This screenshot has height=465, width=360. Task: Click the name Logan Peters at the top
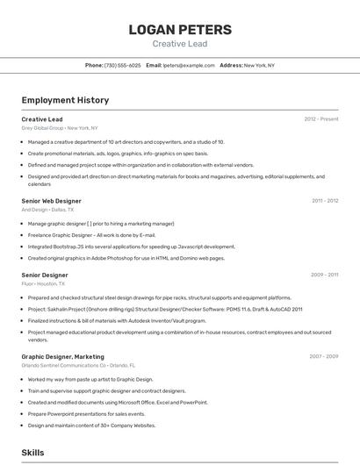pyautogui.click(x=180, y=30)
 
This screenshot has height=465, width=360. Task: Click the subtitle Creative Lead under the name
pyautogui.click(x=180, y=44)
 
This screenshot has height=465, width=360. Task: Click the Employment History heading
pyautogui.click(x=65, y=100)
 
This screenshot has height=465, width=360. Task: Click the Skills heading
pyautogui.click(x=32, y=453)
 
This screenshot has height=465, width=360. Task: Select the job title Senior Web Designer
pyautogui.click(x=51, y=201)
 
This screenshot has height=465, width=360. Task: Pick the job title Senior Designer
pyautogui.click(x=45, y=275)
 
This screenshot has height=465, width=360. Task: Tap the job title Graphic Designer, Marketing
pyautogui.click(x=62, y=357)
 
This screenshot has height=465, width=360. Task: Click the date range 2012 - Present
pyautogui.click(x=321, y=118)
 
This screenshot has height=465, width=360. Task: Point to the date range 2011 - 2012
pyautogui.click(x=325, y=201)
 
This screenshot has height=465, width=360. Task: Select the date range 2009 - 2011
pyautogui.click(x=325, y=275)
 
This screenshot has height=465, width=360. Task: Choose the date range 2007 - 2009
pyautogui.click(x=324, y=357)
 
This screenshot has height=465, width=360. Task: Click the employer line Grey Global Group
pyautogui.click(x=60, y=127)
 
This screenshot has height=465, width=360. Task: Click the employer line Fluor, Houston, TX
pyautogui.click(x=44, y=283)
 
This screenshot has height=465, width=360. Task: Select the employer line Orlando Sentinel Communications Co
pyautogui.click(x=78, y=365)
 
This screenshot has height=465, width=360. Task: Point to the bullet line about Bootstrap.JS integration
pyautogui.click(x=132, y=247)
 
